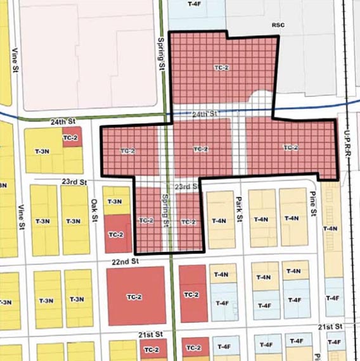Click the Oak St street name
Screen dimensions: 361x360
click(x=95, y=208)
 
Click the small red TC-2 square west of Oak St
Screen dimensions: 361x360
click(x=72, y=137)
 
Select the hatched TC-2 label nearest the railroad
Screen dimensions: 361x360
click(x=290, y=148)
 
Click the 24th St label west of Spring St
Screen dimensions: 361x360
click(x=63, y=120)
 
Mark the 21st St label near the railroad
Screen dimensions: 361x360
click(x=330, y=326)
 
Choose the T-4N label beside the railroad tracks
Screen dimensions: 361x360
click(x=331, y=229)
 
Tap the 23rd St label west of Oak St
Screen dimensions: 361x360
click(x=74, y=182)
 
